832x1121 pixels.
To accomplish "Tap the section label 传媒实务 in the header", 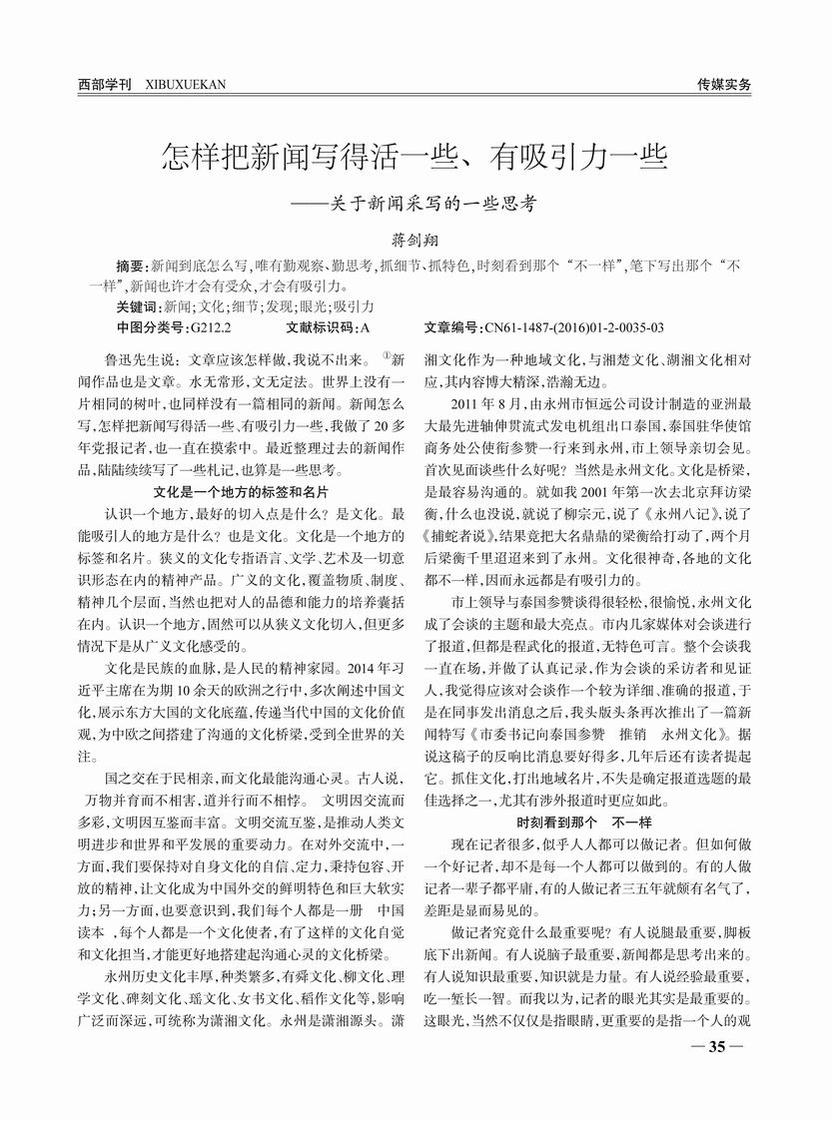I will click(x=724, y=85).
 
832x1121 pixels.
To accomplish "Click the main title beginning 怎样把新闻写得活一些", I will click(x=415, y=157).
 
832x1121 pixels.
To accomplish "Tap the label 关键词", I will click(x=138, y=306).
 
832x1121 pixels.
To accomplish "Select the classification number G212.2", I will click(x=210, y=326).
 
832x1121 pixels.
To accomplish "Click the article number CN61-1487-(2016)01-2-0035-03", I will click(x=573, y=326).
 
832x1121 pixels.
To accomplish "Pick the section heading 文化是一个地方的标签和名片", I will click(x=243, y=493).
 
